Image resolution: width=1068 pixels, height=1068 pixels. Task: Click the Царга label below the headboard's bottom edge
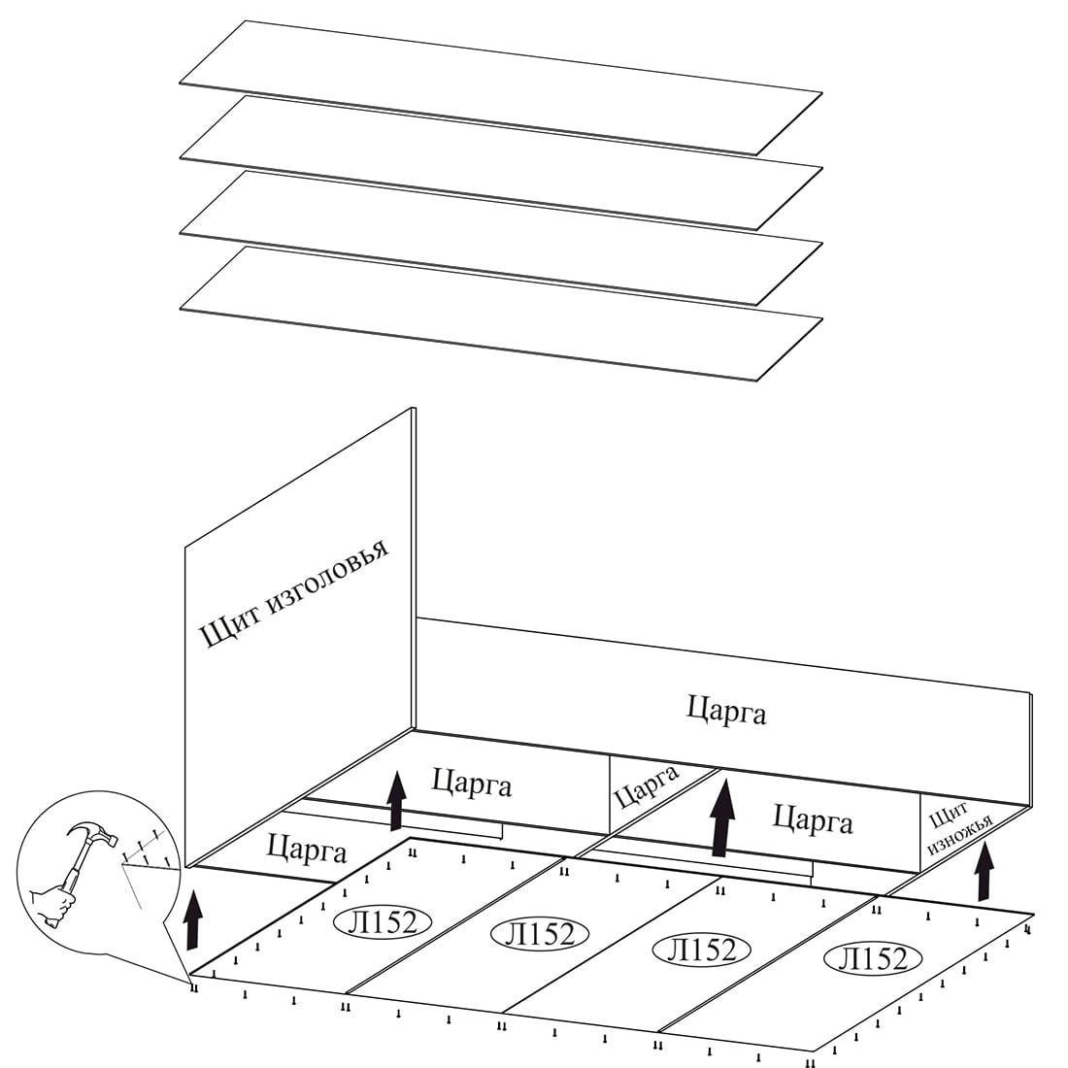[x=307, y=851]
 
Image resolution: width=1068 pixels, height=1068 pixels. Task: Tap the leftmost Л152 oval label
[x=383, y=920]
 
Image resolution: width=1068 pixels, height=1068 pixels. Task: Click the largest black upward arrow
[x=721, y=821]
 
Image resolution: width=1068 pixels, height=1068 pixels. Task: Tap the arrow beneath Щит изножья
[x=985, y=871]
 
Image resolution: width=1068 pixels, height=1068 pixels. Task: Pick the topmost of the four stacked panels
[x=501, y=87]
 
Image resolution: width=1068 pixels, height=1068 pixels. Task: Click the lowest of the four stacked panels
[x=501, y=313]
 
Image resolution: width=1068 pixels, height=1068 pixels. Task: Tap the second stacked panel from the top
[x=501, y=162]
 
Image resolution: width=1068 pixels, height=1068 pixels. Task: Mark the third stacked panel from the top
[x=501, y=237]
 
